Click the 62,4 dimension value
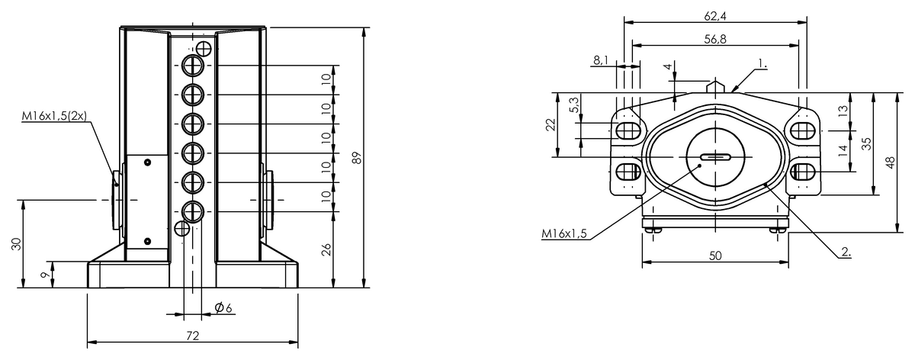pos(715,16)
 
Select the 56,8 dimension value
pos(715,39)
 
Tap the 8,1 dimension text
pos(601,60)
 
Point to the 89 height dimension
pos(357,158)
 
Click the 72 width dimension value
pos(192,336)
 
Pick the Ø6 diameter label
pos(223,307)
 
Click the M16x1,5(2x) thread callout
pos(54,116)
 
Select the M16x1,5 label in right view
pos(564,233)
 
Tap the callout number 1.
pos(762,63)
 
